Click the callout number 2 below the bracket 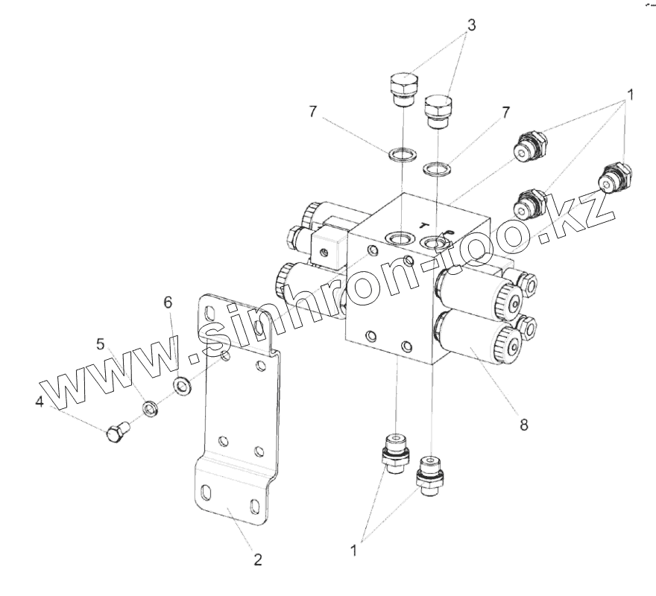coord(258,560)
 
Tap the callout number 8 coord(524,425)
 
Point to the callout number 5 coord(99,344)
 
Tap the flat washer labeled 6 coord(181,386)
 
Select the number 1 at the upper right coord(630,95)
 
